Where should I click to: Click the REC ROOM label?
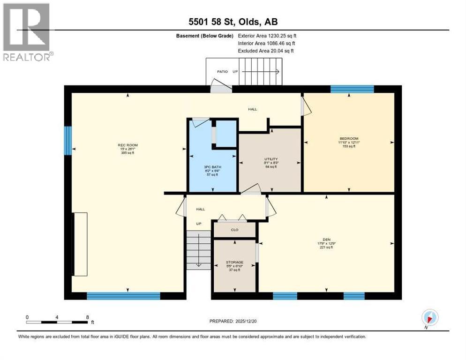point(124,145)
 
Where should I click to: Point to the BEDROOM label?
point(349,138)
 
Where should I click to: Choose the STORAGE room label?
point(234,262)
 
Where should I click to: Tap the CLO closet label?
point(234,230)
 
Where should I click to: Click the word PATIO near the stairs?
point(222,72)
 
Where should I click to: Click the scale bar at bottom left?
point(57,322)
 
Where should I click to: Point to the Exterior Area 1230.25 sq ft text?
point(267,36)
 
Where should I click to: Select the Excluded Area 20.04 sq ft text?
point(266,51)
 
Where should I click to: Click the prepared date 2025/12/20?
point(233,321)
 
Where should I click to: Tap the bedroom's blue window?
point(352,89)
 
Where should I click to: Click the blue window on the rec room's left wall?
point(68,140)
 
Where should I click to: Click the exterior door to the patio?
point(220,87)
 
